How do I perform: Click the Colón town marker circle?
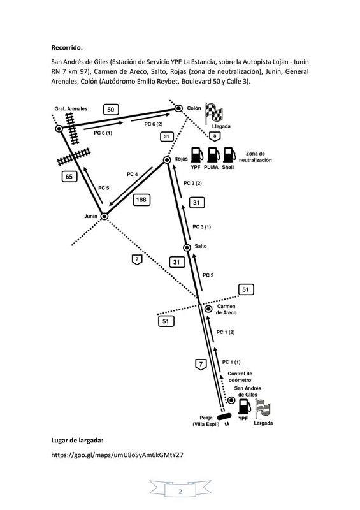tap(178, 108)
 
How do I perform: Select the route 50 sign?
tap(111, 110)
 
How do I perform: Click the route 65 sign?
tap(69, 177)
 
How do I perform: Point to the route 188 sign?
tap(141, 200)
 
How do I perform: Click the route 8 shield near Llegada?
tap(215, 136)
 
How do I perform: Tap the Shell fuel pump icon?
tap(229, 155)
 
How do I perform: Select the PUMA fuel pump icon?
tap(213, 155)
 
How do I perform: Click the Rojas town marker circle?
tap(167, 160)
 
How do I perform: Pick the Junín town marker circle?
tap(104, 216)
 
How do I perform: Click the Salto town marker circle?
tap(187, 247)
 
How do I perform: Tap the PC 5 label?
tap(104, 188)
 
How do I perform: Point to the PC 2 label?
tap(208, 275)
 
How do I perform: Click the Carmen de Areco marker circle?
tap(208, 309)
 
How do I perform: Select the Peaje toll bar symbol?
tap(224, 416)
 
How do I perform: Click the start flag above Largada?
tap(263, 409)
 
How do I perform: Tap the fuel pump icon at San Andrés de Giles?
tap(245, 406)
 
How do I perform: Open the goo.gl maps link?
tap(117, 455)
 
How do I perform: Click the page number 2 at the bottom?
tap(180, 491)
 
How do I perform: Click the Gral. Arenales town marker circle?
tap(59, 129)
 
